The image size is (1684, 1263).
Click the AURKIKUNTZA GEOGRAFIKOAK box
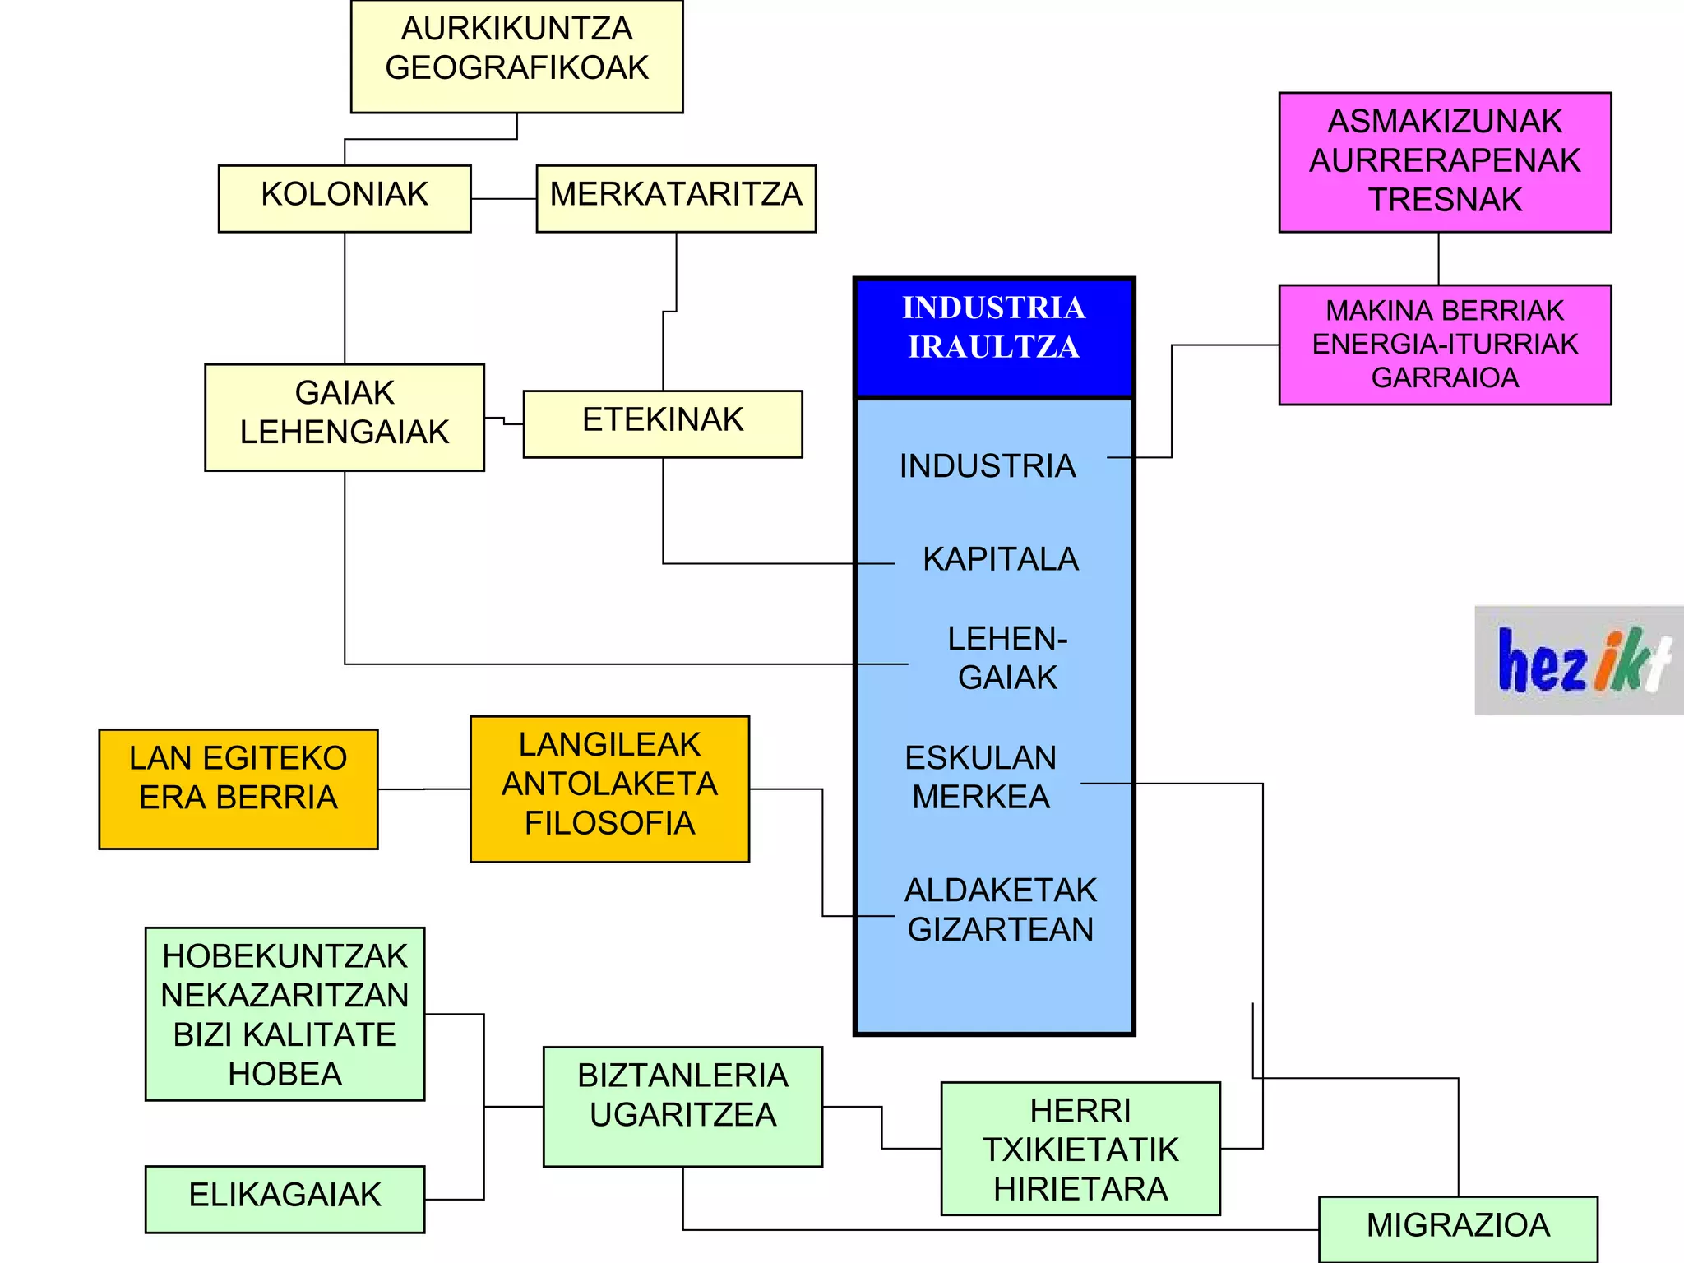click(516, 56)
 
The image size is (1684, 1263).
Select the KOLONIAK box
click(345, 198)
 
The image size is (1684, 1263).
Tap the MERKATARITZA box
click(676, 198)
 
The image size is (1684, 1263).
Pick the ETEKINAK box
click(663, 423)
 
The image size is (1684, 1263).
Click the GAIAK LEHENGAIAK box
click(345, 417)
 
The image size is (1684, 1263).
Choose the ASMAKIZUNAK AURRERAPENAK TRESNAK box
click(1445, 162)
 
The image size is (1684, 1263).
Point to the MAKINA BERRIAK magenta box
click(1445, 345)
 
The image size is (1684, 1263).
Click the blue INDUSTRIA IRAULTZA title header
click(994, 337)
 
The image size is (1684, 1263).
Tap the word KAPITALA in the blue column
click(1000, 559)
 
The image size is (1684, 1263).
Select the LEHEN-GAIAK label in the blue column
click(1007, 658)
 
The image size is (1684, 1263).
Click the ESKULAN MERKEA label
click(981, 777)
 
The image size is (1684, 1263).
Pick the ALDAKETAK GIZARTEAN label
click(1000, 909)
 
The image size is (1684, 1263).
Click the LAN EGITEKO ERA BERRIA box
click(238, 789)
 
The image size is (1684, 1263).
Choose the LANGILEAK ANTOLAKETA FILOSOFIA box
click(609, 789)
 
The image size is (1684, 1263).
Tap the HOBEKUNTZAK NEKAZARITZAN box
click(285, 1014)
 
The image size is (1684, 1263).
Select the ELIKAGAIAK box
click(285, 1199)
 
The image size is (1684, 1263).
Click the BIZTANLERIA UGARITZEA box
click(682, 1106)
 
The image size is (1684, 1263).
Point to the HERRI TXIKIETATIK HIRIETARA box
click(1080, 1149)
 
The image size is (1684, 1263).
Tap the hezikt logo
click(1579, 660)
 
